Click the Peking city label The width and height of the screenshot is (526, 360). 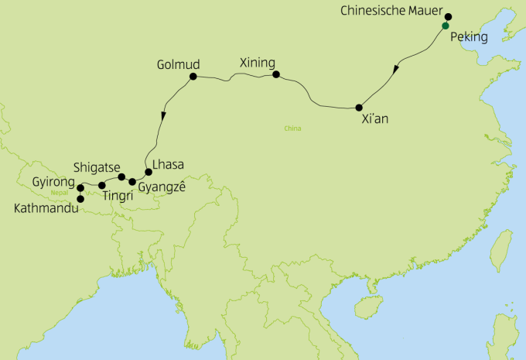pyautogui.click(x=470, y=36)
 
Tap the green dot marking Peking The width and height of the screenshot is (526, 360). pyautogui.click(x=445, y=26)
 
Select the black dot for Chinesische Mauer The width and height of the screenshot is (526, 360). pyautogui.click(x=448, y=16)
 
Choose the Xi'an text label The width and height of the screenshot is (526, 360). pyautogui.click(x=375, y=122)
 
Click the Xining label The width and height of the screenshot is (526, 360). pyautogui.click(x=257, y=60)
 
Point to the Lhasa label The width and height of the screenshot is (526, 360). pyautogui.click(x=169, y=164)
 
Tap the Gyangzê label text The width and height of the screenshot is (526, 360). pyautogui.click(x=162, y=187)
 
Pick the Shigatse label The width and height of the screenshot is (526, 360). pyautogui.click(x=96, y=166)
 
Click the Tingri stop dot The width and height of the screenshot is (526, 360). pyautogui.click(x=102, y=186)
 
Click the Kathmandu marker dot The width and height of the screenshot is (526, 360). pyautogui.click(x=80, y=199)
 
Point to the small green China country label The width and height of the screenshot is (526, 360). pyautogui.click(x=292, y=129)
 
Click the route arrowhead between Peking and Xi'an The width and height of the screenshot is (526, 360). pyautogui.click(x=397, y=69)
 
